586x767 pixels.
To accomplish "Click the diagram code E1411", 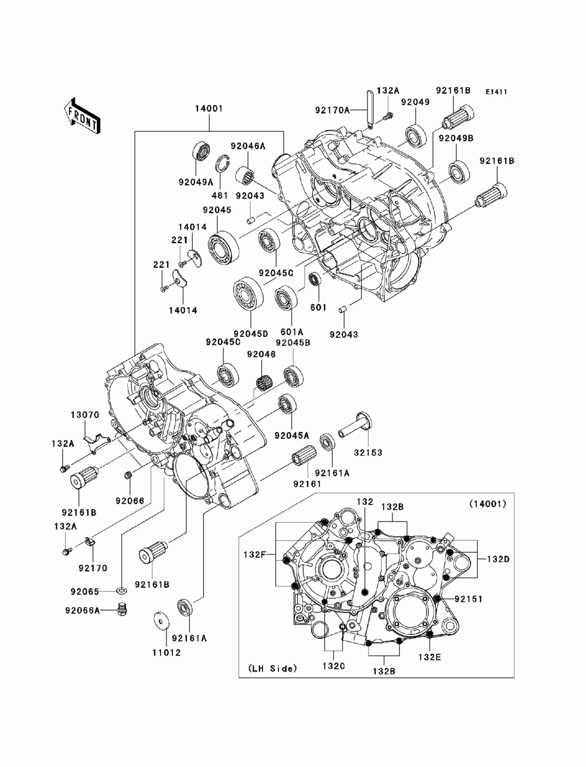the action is pos(496,92).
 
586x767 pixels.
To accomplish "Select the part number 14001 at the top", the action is pos(209,108).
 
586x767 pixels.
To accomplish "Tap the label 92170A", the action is pos(332,110).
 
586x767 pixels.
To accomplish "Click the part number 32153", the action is pos(368,452).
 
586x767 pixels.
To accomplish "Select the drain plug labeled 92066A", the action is pos(122,610).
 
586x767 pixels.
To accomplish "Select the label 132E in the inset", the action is pos(430,657).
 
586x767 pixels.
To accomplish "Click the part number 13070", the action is pos(85,415).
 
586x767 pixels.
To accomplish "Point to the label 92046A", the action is pos(248,146).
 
